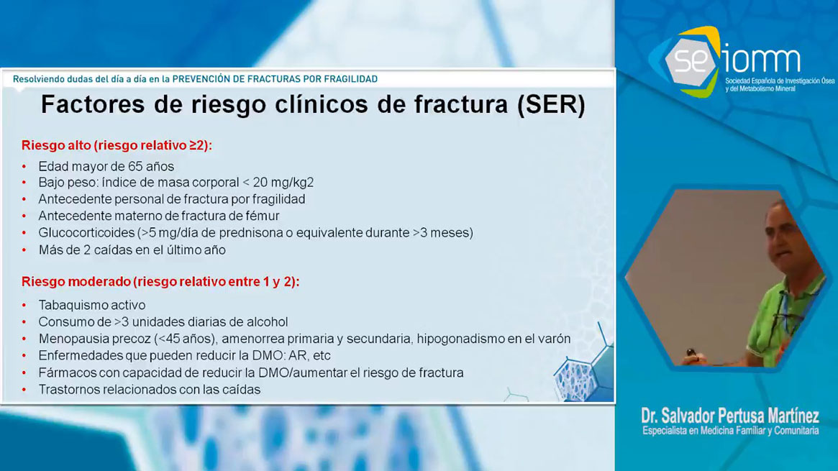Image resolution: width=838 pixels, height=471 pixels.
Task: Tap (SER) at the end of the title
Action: coord(551,105)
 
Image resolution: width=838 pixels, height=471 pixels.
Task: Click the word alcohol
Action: coord(267,322)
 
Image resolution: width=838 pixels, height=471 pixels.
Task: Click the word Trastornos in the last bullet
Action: coord(69,390)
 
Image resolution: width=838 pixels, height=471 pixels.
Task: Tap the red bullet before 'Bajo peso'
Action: coord(24,183)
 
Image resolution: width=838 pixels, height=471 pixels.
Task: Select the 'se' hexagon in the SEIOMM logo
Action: coord(691,61)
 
